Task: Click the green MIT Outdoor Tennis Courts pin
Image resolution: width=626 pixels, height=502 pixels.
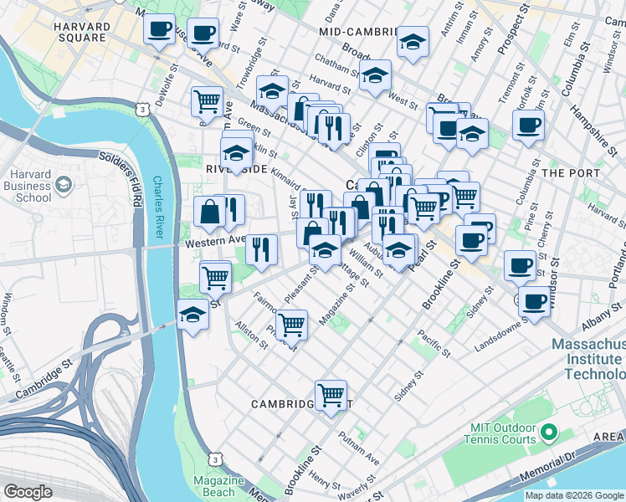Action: (549, 433)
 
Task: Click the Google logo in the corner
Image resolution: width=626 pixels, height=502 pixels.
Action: (28, 492)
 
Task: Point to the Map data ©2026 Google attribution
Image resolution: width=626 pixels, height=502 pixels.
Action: (574, 495)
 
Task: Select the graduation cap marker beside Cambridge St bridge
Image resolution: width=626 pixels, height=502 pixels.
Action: (192, 315)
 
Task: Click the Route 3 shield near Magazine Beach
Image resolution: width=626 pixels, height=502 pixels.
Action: (217, 459)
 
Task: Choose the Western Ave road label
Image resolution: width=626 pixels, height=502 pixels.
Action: (214, 241)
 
